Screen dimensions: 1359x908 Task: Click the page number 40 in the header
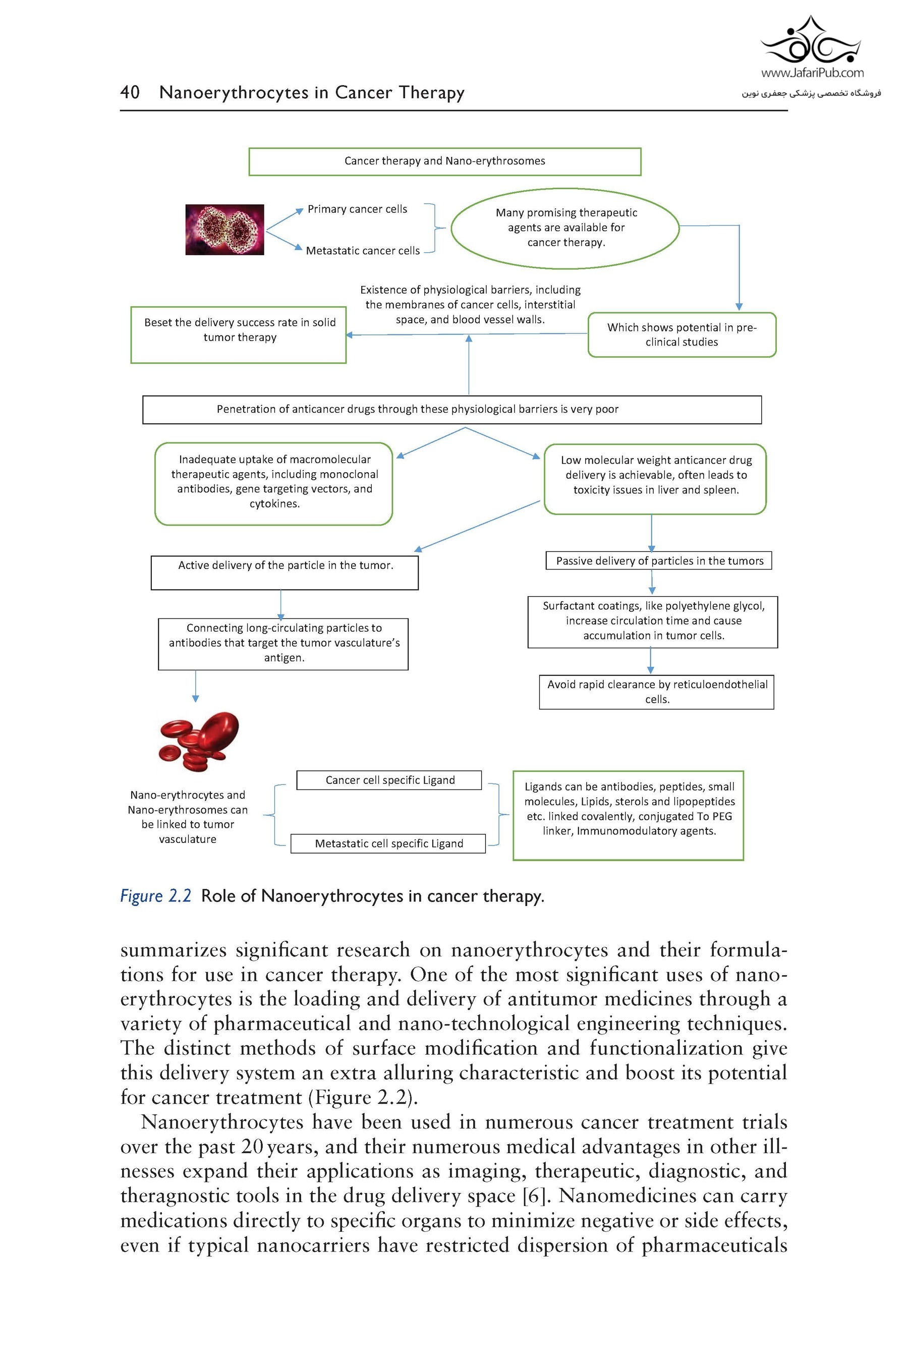pyautogui.click(x=130, y=92)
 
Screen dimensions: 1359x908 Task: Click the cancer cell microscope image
pyautogui.click(x=224, y=230)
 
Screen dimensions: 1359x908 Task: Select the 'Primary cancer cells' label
pyautogui.click(x=357, y=209)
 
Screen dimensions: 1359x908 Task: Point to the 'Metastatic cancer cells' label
pyautogui.click(x=363, y=251)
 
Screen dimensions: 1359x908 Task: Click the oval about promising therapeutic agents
pyautogui.click(x=565, y=228)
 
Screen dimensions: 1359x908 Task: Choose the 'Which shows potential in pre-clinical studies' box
pyautogui.click(x=682, y=334)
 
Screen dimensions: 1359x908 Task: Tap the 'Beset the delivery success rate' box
pyautogui.click(x=239, y=334)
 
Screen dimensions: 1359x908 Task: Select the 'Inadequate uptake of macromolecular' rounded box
pyautogui.click(x=274, y=483)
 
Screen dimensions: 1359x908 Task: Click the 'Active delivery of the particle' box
pyautogui.click(x=285, y=572)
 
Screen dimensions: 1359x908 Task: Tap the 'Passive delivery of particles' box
pyautogui.click(x=659, y=560)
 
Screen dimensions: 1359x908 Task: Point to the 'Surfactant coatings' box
pyautogui.click(x=653, y=621)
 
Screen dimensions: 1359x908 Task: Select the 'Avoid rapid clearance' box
pyautogui.click(x=657, y=692)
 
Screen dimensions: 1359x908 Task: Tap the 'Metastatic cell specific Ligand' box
pyautogui.click(x=388, y=843)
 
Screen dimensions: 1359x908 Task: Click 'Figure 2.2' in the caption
pyautogui.click(x=155, y=896)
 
